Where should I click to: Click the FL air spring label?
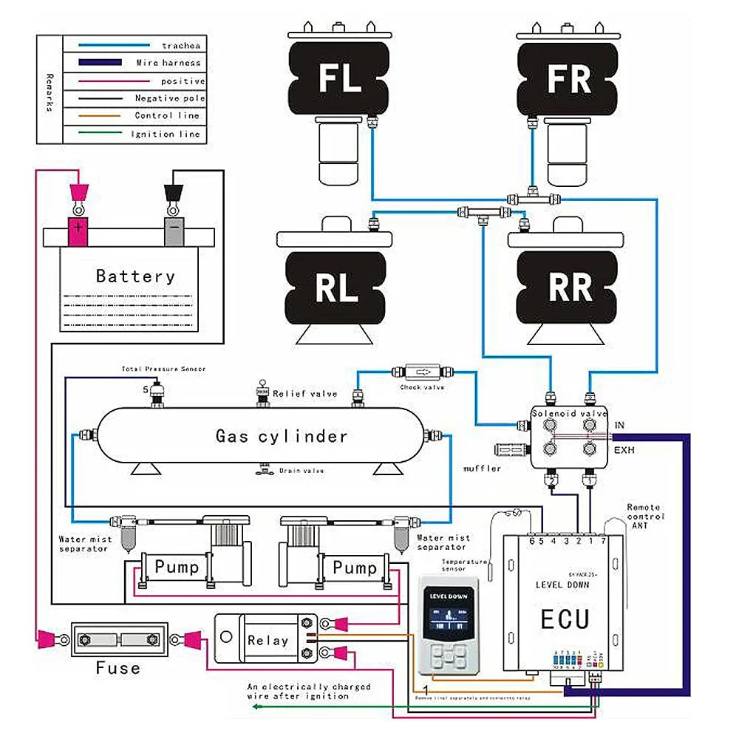(339, 79)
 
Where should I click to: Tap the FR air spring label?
(569, 79)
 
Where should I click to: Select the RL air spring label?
(337, 288)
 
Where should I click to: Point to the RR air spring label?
(569, 288)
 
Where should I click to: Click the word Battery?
(136, 277)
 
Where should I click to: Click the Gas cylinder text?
(282, 436)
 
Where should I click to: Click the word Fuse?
(118, 669)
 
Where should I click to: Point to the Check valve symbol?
(423, 371)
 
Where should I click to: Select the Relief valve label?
(304, 393)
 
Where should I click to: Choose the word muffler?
(483, 469)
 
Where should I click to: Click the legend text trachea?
(178, 46)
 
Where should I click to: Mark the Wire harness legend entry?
(168, 64)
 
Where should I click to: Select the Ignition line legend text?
(165, 134)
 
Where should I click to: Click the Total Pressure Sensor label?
(163, 369)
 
